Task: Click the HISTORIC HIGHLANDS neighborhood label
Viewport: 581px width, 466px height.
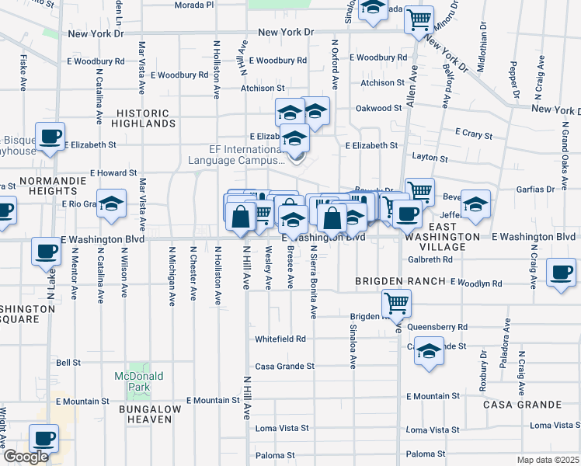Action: pos(143,118)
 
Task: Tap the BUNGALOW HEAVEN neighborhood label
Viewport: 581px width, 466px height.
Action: pos(150,414)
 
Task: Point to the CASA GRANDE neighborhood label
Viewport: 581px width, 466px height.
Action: pos(522,405)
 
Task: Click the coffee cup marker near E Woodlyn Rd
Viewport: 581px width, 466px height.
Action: pos(562,273)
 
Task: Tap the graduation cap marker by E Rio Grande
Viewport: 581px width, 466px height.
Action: pos(111,203)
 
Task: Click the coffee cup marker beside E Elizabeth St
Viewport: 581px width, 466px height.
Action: pos(50,137)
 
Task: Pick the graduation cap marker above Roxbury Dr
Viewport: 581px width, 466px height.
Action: pos(429,350)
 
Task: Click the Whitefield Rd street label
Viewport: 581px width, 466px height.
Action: pos(280,339)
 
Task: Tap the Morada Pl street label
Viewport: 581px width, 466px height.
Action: pos(194,5)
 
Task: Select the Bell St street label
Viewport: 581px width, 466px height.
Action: pos(68,363)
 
